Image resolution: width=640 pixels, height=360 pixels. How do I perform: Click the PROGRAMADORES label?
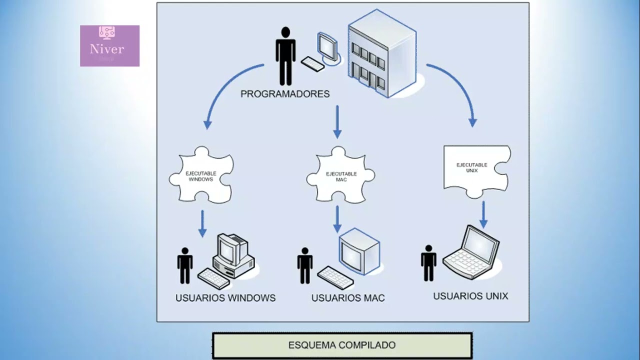(x=285, y=93)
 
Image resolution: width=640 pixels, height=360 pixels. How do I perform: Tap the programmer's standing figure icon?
(x=285, y=55)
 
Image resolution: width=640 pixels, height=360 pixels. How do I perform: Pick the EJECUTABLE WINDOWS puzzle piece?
(x=201, y=175)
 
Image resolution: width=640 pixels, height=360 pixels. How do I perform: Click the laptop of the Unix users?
(x=472, y=252)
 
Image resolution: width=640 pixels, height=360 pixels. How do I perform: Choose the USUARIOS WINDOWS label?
(x=225, y=298)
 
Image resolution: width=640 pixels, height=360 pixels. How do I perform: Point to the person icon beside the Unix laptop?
(x=428, y=263)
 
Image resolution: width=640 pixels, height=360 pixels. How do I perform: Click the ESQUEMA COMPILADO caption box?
(x=342, y=345)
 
